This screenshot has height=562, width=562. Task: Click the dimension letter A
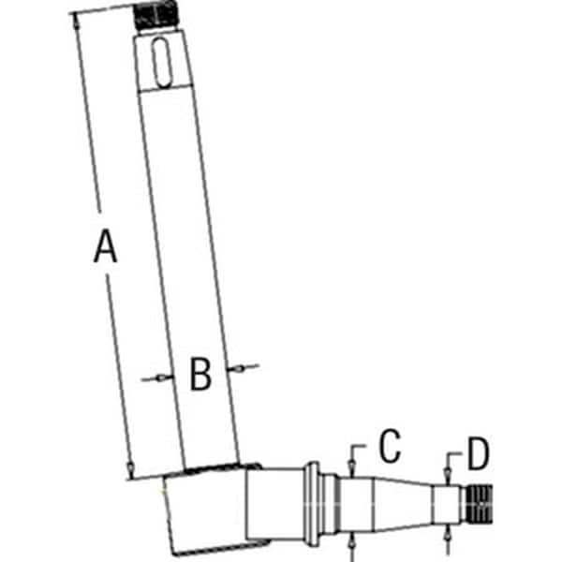click(x=105, y=246)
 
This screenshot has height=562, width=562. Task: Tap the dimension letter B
click(x=200, y=374)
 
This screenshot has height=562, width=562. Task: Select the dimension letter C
click(x=390, y=446)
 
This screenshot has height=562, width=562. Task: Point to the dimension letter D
click(x=479, y=453)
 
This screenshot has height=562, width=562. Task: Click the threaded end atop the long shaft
click(x=156, y=14)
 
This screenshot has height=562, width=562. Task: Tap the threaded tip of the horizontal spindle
click(x=480, y=504)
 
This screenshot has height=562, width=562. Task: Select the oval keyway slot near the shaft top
click(x=163, y=62)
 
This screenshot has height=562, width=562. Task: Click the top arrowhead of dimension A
click(x=76, y=21)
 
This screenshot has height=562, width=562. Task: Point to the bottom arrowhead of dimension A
click(x=131, y=467)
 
